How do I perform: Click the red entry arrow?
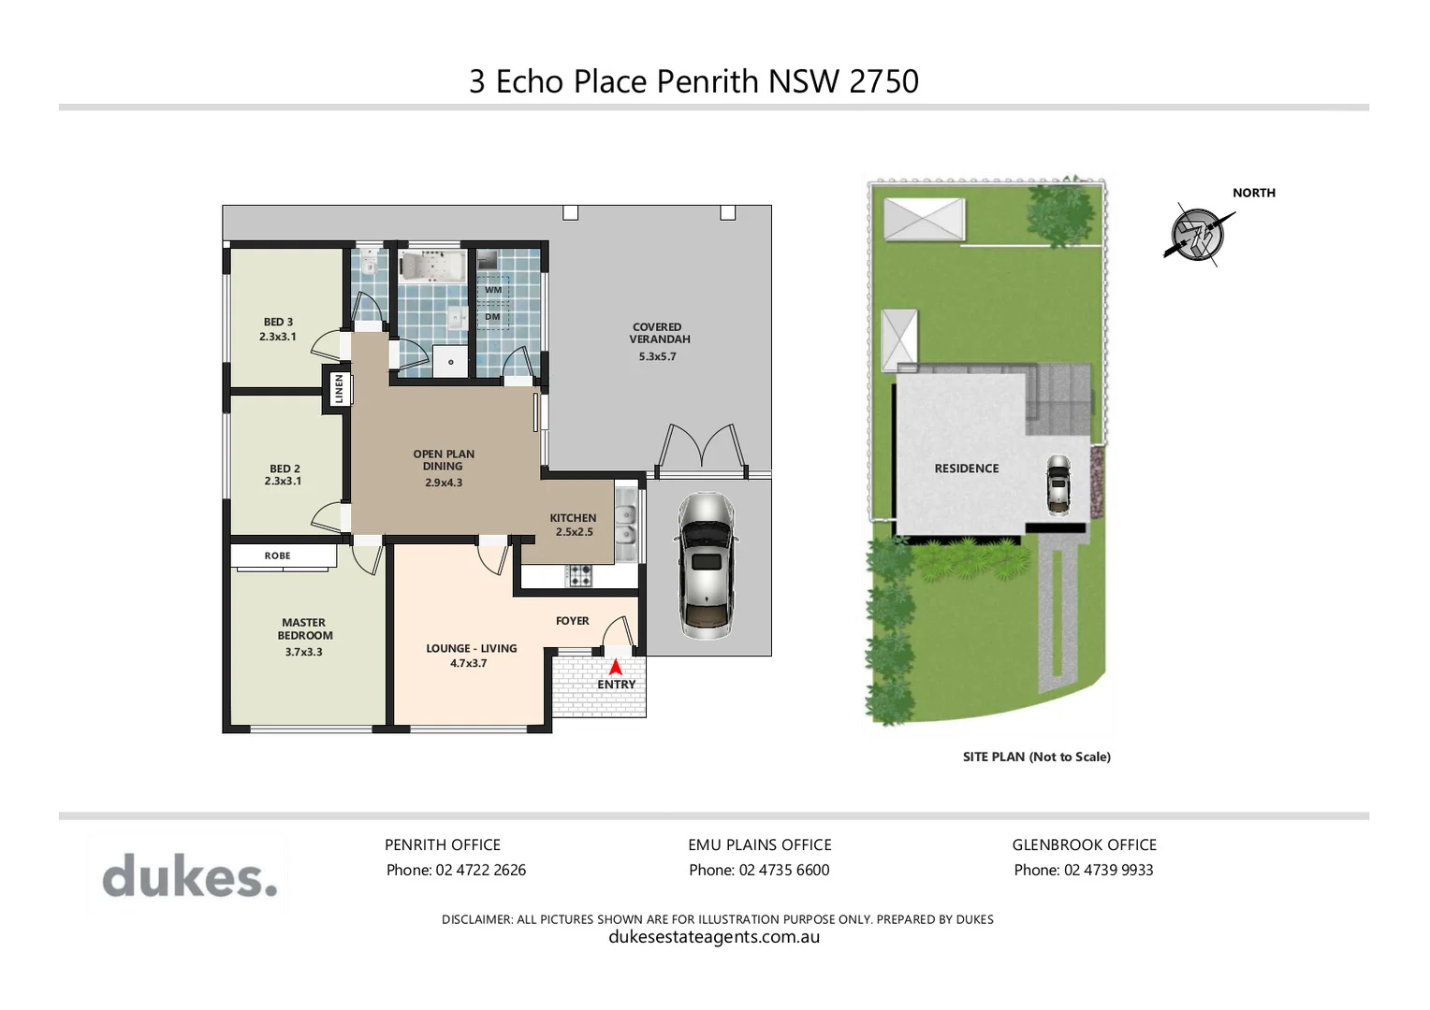pos(616,668)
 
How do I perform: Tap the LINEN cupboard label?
pos(339,388)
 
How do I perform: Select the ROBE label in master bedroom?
pos(277,555)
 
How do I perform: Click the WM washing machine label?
pos(493,290)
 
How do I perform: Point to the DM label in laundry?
pos(492,317)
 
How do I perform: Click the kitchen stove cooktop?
pos(579,575)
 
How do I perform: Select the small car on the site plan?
pos(1058,484)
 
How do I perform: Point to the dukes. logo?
pos(189,876)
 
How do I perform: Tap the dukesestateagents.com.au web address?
pos(714,937)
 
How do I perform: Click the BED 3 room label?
pos(278,322)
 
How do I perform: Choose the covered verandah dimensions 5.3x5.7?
pos(657,356)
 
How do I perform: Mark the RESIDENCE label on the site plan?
pos(966,469)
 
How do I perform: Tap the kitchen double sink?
pos(625,525)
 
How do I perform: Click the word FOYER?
pos(572,621)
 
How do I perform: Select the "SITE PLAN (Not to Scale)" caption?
pos(1036,757)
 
